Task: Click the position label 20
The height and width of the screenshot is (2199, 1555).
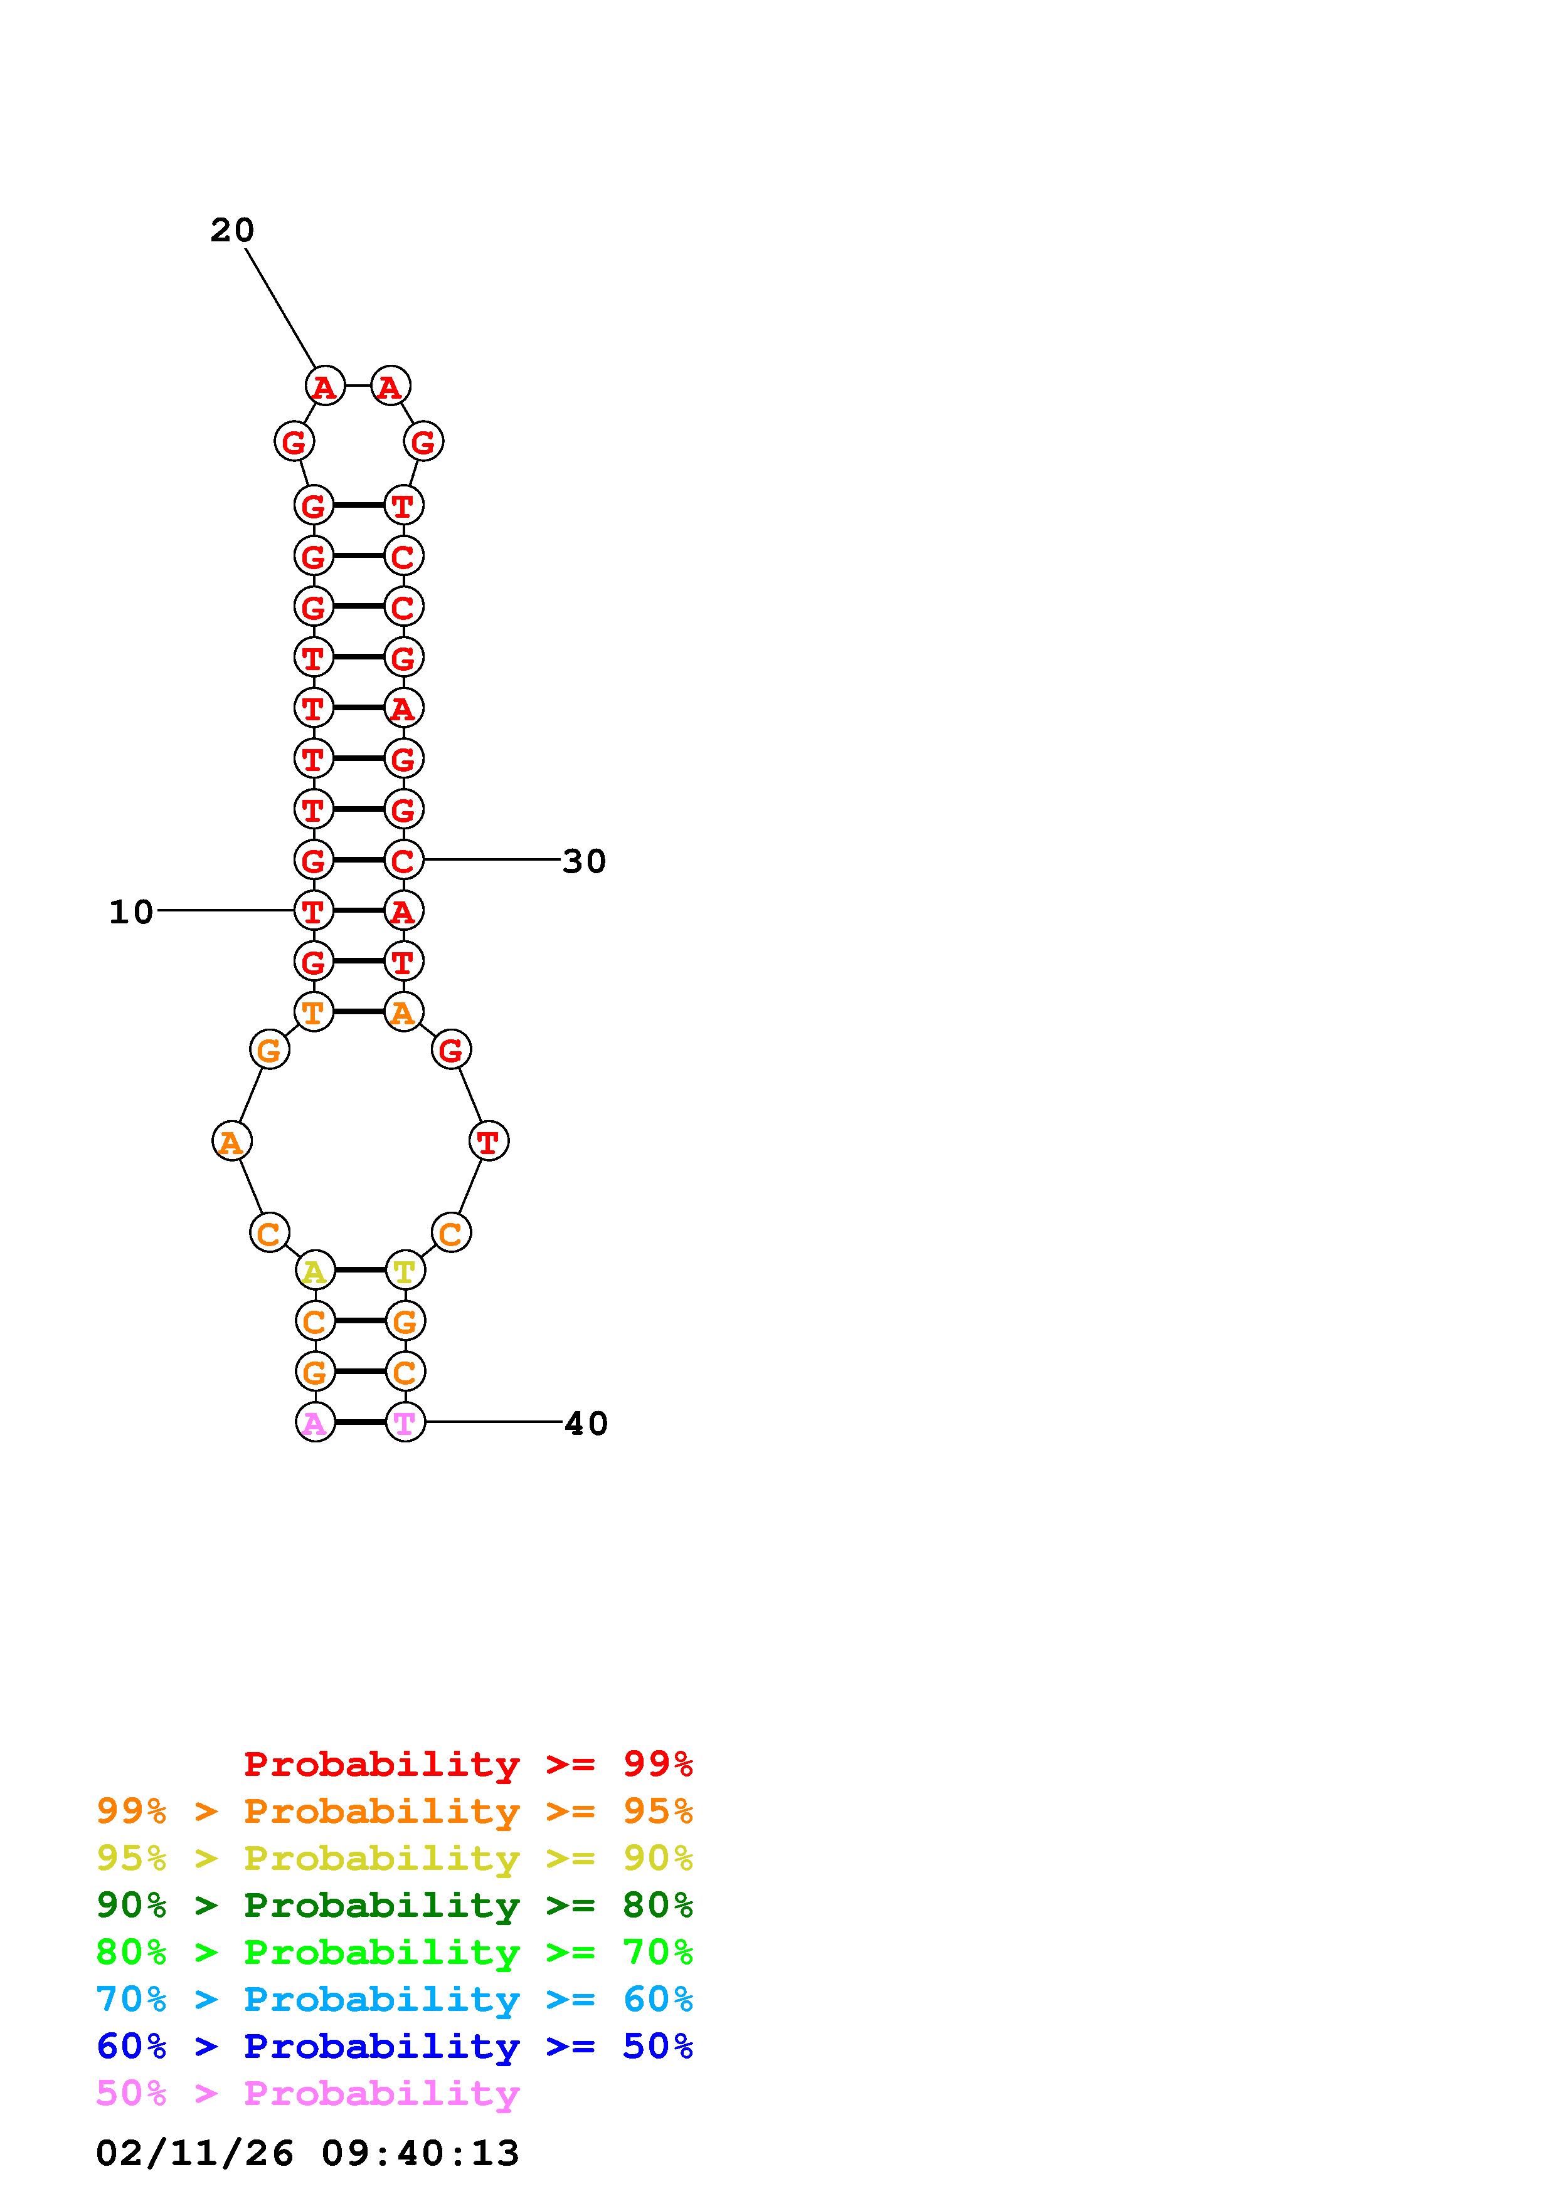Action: tap(232, 230)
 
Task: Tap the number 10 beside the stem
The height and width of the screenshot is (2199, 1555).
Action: tap(131, 912)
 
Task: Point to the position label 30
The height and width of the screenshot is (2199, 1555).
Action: tap(585, 861)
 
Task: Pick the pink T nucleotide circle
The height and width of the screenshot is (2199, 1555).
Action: tap(405, 1423)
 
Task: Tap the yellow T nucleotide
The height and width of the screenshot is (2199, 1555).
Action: tap(405, 1271)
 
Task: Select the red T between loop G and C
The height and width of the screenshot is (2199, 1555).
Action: tap(489, 1141)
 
